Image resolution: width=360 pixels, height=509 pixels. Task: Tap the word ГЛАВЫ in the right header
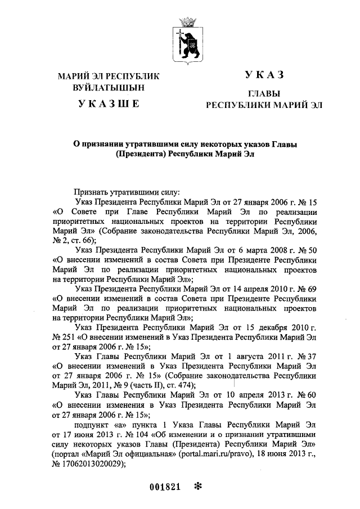[x=264, y=93]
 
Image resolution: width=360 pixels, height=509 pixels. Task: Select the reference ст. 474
[x=176, y=385]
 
